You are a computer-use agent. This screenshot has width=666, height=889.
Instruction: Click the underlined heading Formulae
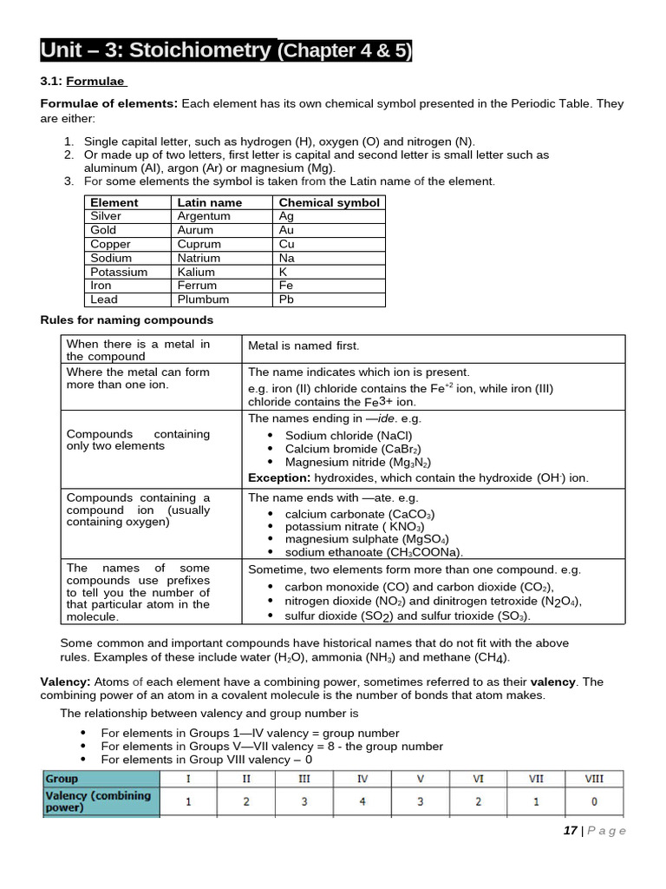pos(96,82)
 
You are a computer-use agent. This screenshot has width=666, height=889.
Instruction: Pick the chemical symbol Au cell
pos(286,230)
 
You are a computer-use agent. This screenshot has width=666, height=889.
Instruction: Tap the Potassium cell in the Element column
pos(119,272)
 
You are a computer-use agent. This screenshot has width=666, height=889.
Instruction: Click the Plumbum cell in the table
pos(203,300)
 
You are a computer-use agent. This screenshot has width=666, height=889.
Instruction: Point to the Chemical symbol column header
pos(329,202)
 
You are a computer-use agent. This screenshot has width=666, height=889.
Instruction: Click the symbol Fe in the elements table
pos(286,286)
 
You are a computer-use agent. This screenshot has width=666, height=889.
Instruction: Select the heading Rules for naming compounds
pos(127,320)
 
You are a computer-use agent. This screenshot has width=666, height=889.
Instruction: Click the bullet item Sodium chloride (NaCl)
pos(349,436)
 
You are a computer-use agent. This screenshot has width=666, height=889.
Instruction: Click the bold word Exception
pos(278,477)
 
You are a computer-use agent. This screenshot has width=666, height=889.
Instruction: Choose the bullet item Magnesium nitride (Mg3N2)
pos(358,463)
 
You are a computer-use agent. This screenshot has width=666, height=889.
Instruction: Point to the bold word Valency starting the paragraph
pos(65,682)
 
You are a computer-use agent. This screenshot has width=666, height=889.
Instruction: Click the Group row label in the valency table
pos(62,779)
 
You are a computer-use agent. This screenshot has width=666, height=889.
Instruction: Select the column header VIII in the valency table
pos(594,779)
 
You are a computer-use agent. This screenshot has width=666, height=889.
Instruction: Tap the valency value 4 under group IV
pos(362,801)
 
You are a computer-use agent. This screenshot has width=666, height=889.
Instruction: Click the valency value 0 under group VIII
pos(594,801)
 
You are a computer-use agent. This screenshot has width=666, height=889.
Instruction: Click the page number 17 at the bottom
pos(570,831)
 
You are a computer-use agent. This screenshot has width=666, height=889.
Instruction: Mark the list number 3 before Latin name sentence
pos(69,181)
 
